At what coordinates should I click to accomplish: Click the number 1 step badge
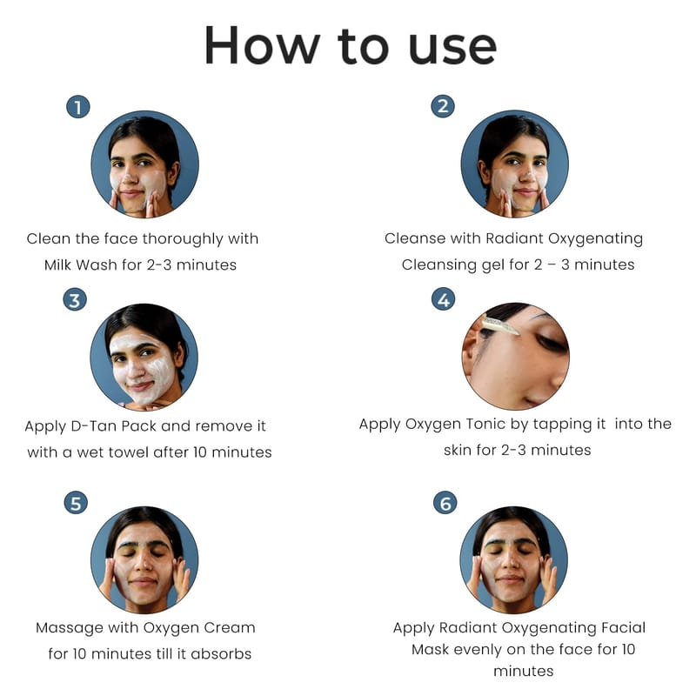click(x=78, y=107)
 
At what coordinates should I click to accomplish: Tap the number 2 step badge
click(x=443, y=106)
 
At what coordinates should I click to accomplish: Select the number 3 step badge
click(x=75, y=300)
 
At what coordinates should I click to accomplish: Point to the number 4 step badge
click(x=444, y=299)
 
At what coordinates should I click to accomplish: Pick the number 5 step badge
click(x=76, y=503)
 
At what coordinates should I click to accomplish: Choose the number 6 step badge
click(x=445, y=503)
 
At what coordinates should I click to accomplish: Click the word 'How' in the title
click(x=262, y=46)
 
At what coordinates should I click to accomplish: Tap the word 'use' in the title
click(x=452, y=49)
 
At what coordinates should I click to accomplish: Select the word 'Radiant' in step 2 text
click(x=514, y=238)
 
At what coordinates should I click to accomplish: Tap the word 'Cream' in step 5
click(x=230, y=627)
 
